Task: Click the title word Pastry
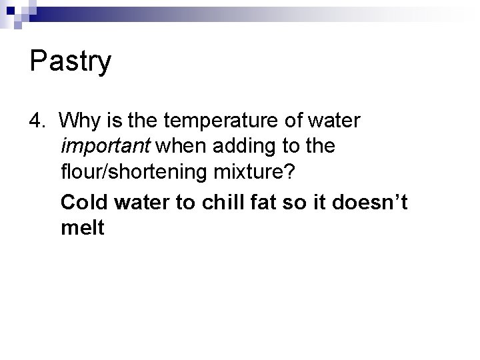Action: click(70, 63)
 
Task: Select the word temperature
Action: click(213, 122)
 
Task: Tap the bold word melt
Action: click(82, 227)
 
